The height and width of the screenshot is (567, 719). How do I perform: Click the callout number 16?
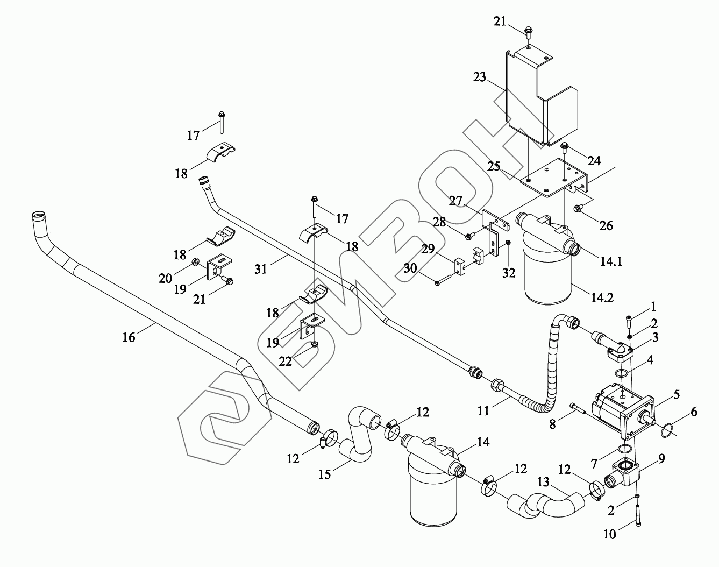pos(129,337)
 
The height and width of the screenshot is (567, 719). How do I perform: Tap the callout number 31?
pos(261,269)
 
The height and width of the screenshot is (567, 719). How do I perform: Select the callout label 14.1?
pos(611,261)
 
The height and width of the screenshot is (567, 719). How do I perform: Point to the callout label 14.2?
pos(602,297)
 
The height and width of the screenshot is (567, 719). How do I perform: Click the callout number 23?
pos(480,77)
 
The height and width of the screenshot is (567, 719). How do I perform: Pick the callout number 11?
pos(483,410)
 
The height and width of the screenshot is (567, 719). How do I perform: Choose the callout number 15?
pos(324,474)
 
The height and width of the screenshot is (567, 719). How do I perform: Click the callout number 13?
pos(543,482)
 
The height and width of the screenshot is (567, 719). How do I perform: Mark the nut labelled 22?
pos(315,344)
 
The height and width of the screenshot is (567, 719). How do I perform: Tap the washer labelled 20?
pos(195,261)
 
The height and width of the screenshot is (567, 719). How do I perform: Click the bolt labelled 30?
pos(444,280)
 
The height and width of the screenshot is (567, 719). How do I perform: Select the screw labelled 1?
pos(629,322)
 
